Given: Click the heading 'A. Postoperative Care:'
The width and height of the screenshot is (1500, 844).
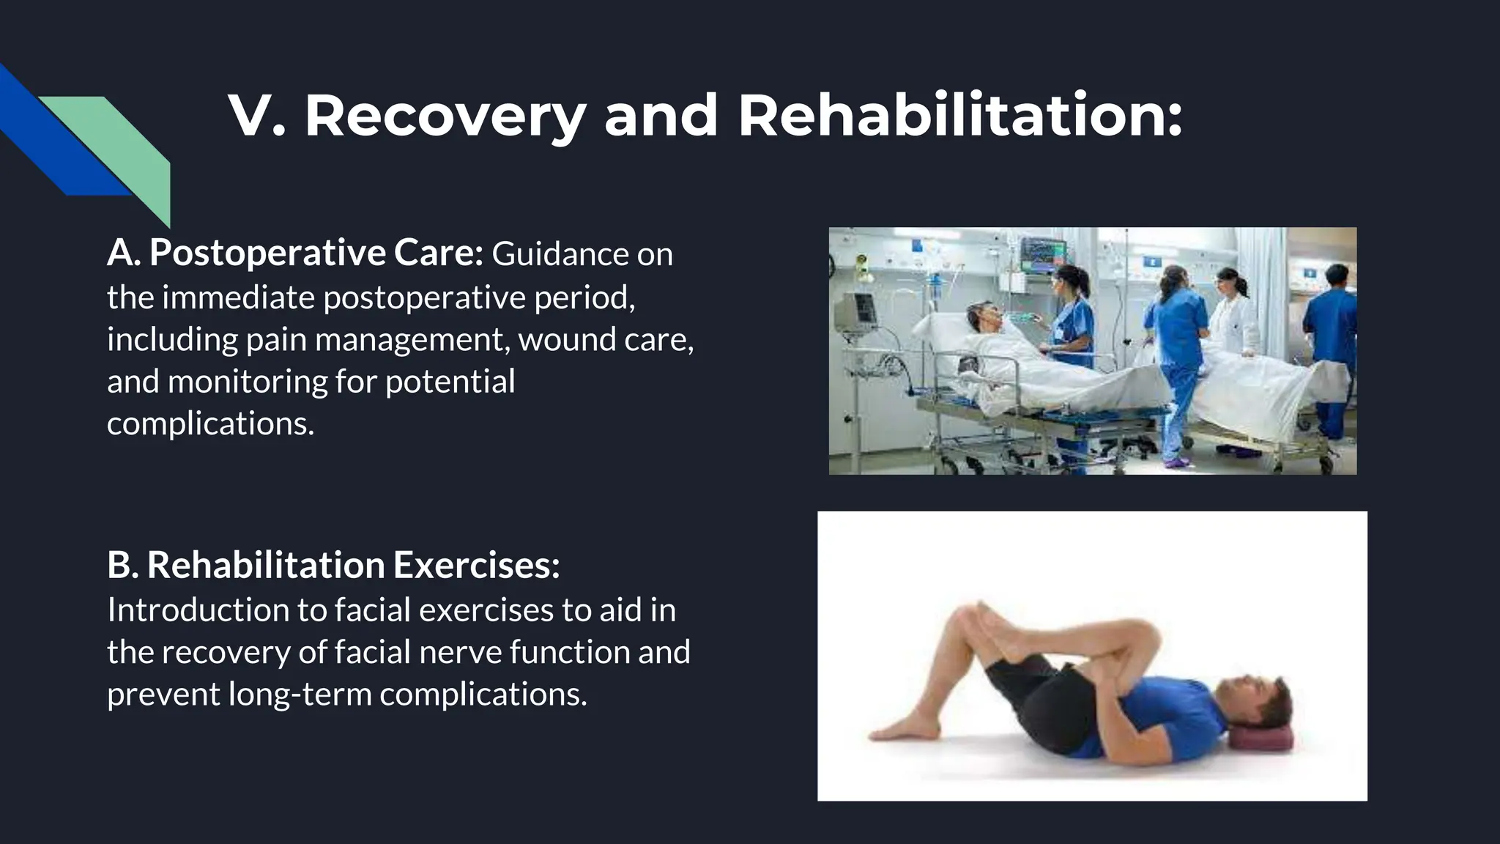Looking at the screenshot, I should (x=294, y=253).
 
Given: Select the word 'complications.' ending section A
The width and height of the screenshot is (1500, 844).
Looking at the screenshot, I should (x=210, y=423).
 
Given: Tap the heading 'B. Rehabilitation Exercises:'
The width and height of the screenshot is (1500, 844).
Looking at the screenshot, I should (x=333, y=565).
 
